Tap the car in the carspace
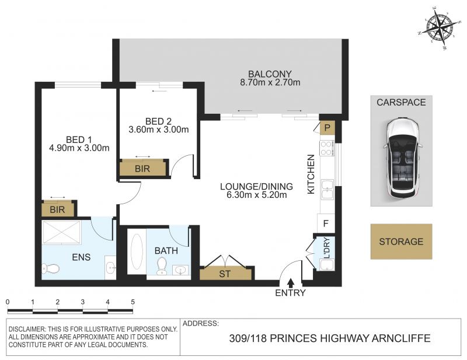[403, 158]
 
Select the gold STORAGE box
[401, 242]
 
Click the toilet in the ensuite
[51, 268]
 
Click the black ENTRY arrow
[291, 282]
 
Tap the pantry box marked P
[327, 128]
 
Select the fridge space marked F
[326, 223]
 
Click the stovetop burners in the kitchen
[327, 148]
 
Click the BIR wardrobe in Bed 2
[142, 169]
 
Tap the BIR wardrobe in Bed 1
[57, 209]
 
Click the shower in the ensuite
[61, 232]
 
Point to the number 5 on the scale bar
[133, 302]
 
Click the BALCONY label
[270, 74]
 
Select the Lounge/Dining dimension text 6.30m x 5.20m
[256, 195]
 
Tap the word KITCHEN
[311, 174]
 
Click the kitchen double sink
[327, 190]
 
